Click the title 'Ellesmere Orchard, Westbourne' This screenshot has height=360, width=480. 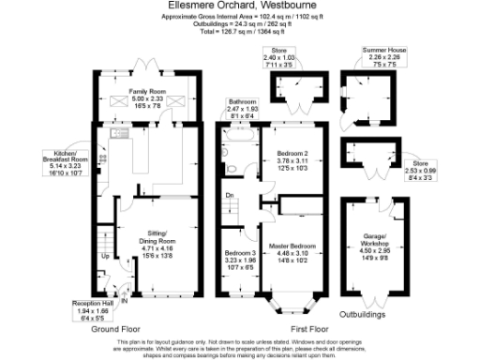[240, 7]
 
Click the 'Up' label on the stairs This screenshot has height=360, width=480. [105, 256]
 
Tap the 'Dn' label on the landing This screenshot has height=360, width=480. [230, 196]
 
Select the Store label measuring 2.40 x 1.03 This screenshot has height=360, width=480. [278, 55]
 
